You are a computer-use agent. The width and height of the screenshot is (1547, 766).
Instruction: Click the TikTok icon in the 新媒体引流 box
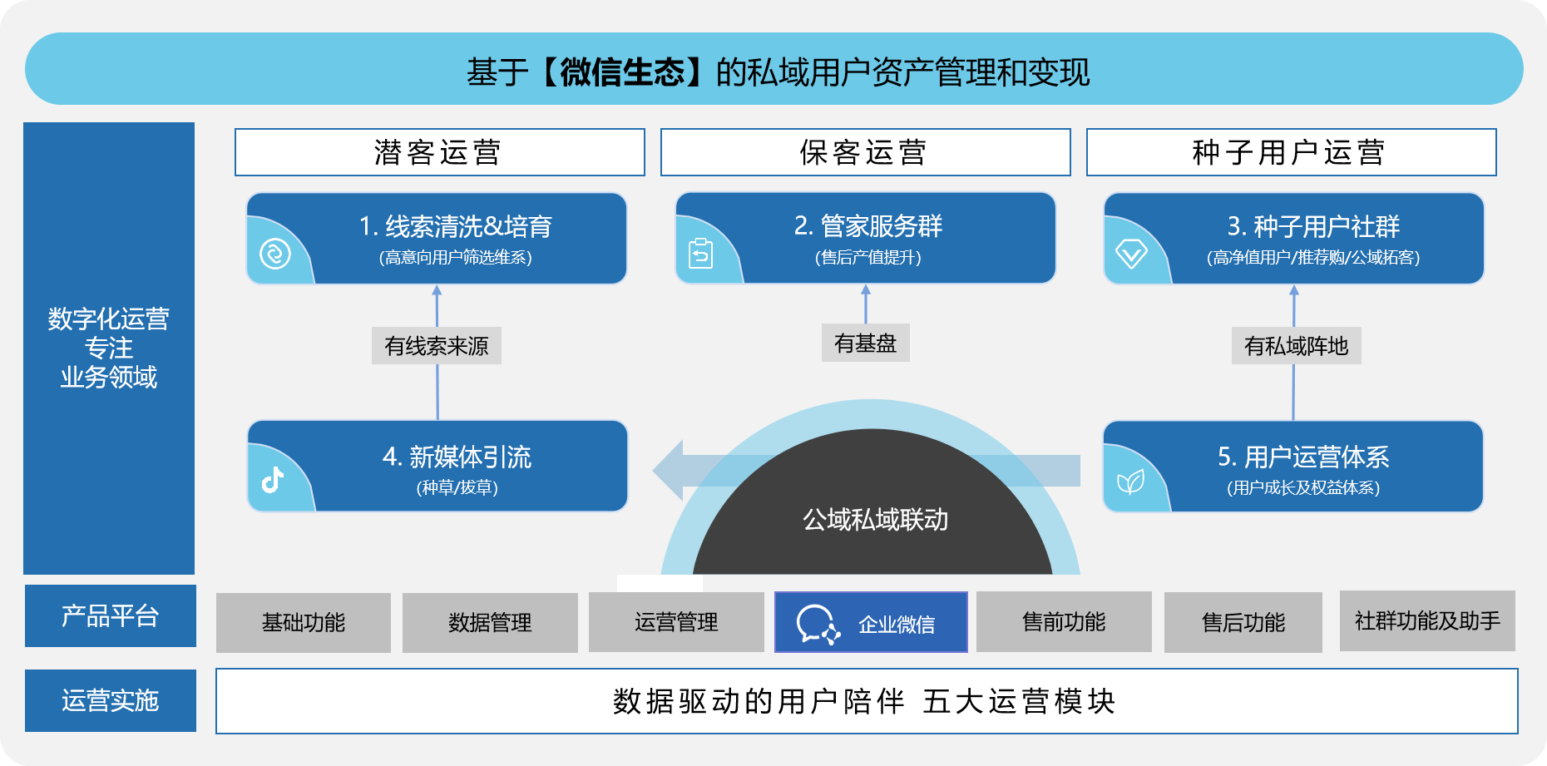point(273,480)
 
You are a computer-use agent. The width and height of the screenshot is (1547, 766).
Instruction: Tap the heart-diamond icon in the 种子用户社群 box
point(1131,253)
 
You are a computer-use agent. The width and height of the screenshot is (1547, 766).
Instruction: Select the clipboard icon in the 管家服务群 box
point(701,253)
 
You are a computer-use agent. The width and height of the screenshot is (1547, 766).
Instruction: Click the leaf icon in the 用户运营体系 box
point(1130,482)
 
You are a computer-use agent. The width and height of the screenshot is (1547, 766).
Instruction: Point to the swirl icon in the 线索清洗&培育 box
point(275,253)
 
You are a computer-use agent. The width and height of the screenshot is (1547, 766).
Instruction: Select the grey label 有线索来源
point(437,346)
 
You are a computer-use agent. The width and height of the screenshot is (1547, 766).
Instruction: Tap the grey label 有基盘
point(866,343)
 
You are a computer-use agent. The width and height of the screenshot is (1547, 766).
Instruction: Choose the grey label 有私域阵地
point(1296,346)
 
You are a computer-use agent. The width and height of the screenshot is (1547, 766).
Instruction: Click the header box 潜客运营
point(439,152)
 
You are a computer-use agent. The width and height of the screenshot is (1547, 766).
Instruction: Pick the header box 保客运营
point(865,152)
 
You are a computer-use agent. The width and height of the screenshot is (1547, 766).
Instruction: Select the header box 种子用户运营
point(1291,152)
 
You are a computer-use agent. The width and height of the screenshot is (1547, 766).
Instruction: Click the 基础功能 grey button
point(304,622)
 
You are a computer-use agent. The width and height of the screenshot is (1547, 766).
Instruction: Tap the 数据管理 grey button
point(490,622)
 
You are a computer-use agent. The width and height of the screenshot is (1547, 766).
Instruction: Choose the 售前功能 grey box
point(1064,621)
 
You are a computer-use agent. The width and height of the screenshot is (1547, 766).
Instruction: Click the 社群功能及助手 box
point(1427,620)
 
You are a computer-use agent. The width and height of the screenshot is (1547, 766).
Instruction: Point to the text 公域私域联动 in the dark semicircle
point(875,520)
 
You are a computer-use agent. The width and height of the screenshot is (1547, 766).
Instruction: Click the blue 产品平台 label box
point(111,616)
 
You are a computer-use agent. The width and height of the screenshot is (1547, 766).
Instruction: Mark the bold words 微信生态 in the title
point(622,72)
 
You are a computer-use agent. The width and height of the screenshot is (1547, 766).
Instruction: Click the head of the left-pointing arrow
point(668,471)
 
